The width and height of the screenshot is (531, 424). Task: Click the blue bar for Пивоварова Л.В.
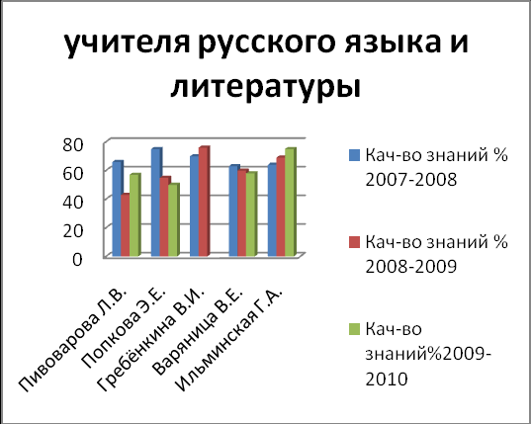coord(117,209)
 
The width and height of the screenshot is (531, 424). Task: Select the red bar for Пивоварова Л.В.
coord(126,224)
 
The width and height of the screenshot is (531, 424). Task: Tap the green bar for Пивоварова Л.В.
coord(134,214)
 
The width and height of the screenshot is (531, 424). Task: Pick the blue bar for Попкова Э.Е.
coord(156,202)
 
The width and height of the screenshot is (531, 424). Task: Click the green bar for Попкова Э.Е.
coord(173,219)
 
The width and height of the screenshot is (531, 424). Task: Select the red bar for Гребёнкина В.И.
coord(204,201)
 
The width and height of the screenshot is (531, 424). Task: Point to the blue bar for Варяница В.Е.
coord(233,211)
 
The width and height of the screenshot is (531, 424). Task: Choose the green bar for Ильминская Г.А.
coord(291,202)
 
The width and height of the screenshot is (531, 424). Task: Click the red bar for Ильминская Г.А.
coord(281,207)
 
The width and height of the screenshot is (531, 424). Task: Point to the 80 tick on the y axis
coord(73,145)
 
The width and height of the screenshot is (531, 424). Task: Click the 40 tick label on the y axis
coord(73,202)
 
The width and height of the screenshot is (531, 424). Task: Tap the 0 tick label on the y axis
coord(77,260)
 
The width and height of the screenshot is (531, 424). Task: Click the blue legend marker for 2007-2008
coord(354,155)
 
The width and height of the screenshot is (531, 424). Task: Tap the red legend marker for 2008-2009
coord(354,242)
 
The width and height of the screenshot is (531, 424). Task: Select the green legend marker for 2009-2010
coord(354,329)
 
